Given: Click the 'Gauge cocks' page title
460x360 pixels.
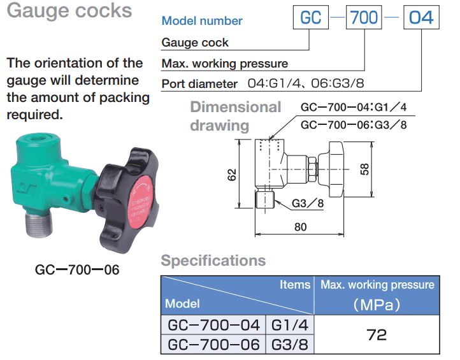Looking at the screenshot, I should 69,11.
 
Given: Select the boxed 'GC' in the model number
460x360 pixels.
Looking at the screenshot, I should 310,17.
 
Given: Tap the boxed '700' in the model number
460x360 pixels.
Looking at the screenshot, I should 364,17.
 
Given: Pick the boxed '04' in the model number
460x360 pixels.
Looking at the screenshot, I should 420,17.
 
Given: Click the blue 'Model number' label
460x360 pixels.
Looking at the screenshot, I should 202,21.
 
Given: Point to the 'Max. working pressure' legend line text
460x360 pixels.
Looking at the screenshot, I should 225,63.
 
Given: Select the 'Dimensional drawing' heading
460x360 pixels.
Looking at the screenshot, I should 234,116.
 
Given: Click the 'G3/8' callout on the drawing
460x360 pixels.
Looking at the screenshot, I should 307,204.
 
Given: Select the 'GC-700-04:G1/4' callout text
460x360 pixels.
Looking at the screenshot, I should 353,108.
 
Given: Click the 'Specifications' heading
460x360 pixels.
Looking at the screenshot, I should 213,261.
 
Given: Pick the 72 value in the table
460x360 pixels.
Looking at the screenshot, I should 377,335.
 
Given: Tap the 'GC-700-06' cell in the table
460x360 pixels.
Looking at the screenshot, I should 213,345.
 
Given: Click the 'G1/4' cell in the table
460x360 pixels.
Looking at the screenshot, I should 290,325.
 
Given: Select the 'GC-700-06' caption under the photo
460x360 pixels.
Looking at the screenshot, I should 77,269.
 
